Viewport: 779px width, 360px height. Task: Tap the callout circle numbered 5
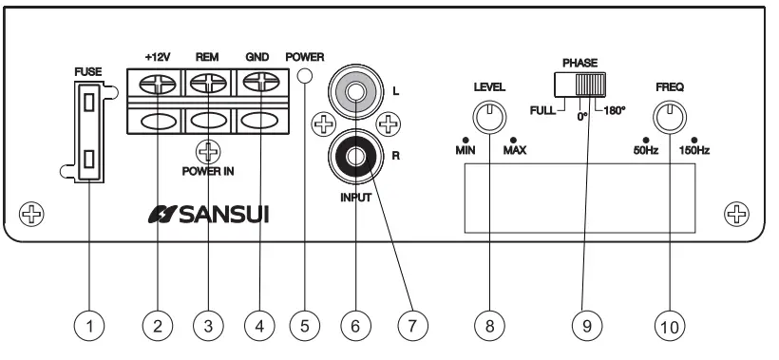point(305,325)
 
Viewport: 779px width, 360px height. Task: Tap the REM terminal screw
point(208,84)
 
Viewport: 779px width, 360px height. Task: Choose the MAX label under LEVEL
point(516,151)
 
